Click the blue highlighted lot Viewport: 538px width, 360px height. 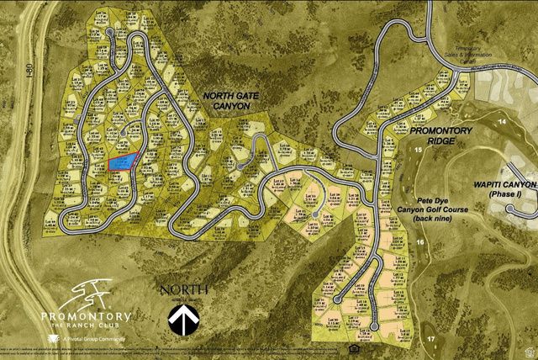122,161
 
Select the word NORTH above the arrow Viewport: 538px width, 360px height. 186,291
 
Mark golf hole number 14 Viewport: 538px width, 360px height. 503,122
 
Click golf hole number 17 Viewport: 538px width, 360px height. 430,338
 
